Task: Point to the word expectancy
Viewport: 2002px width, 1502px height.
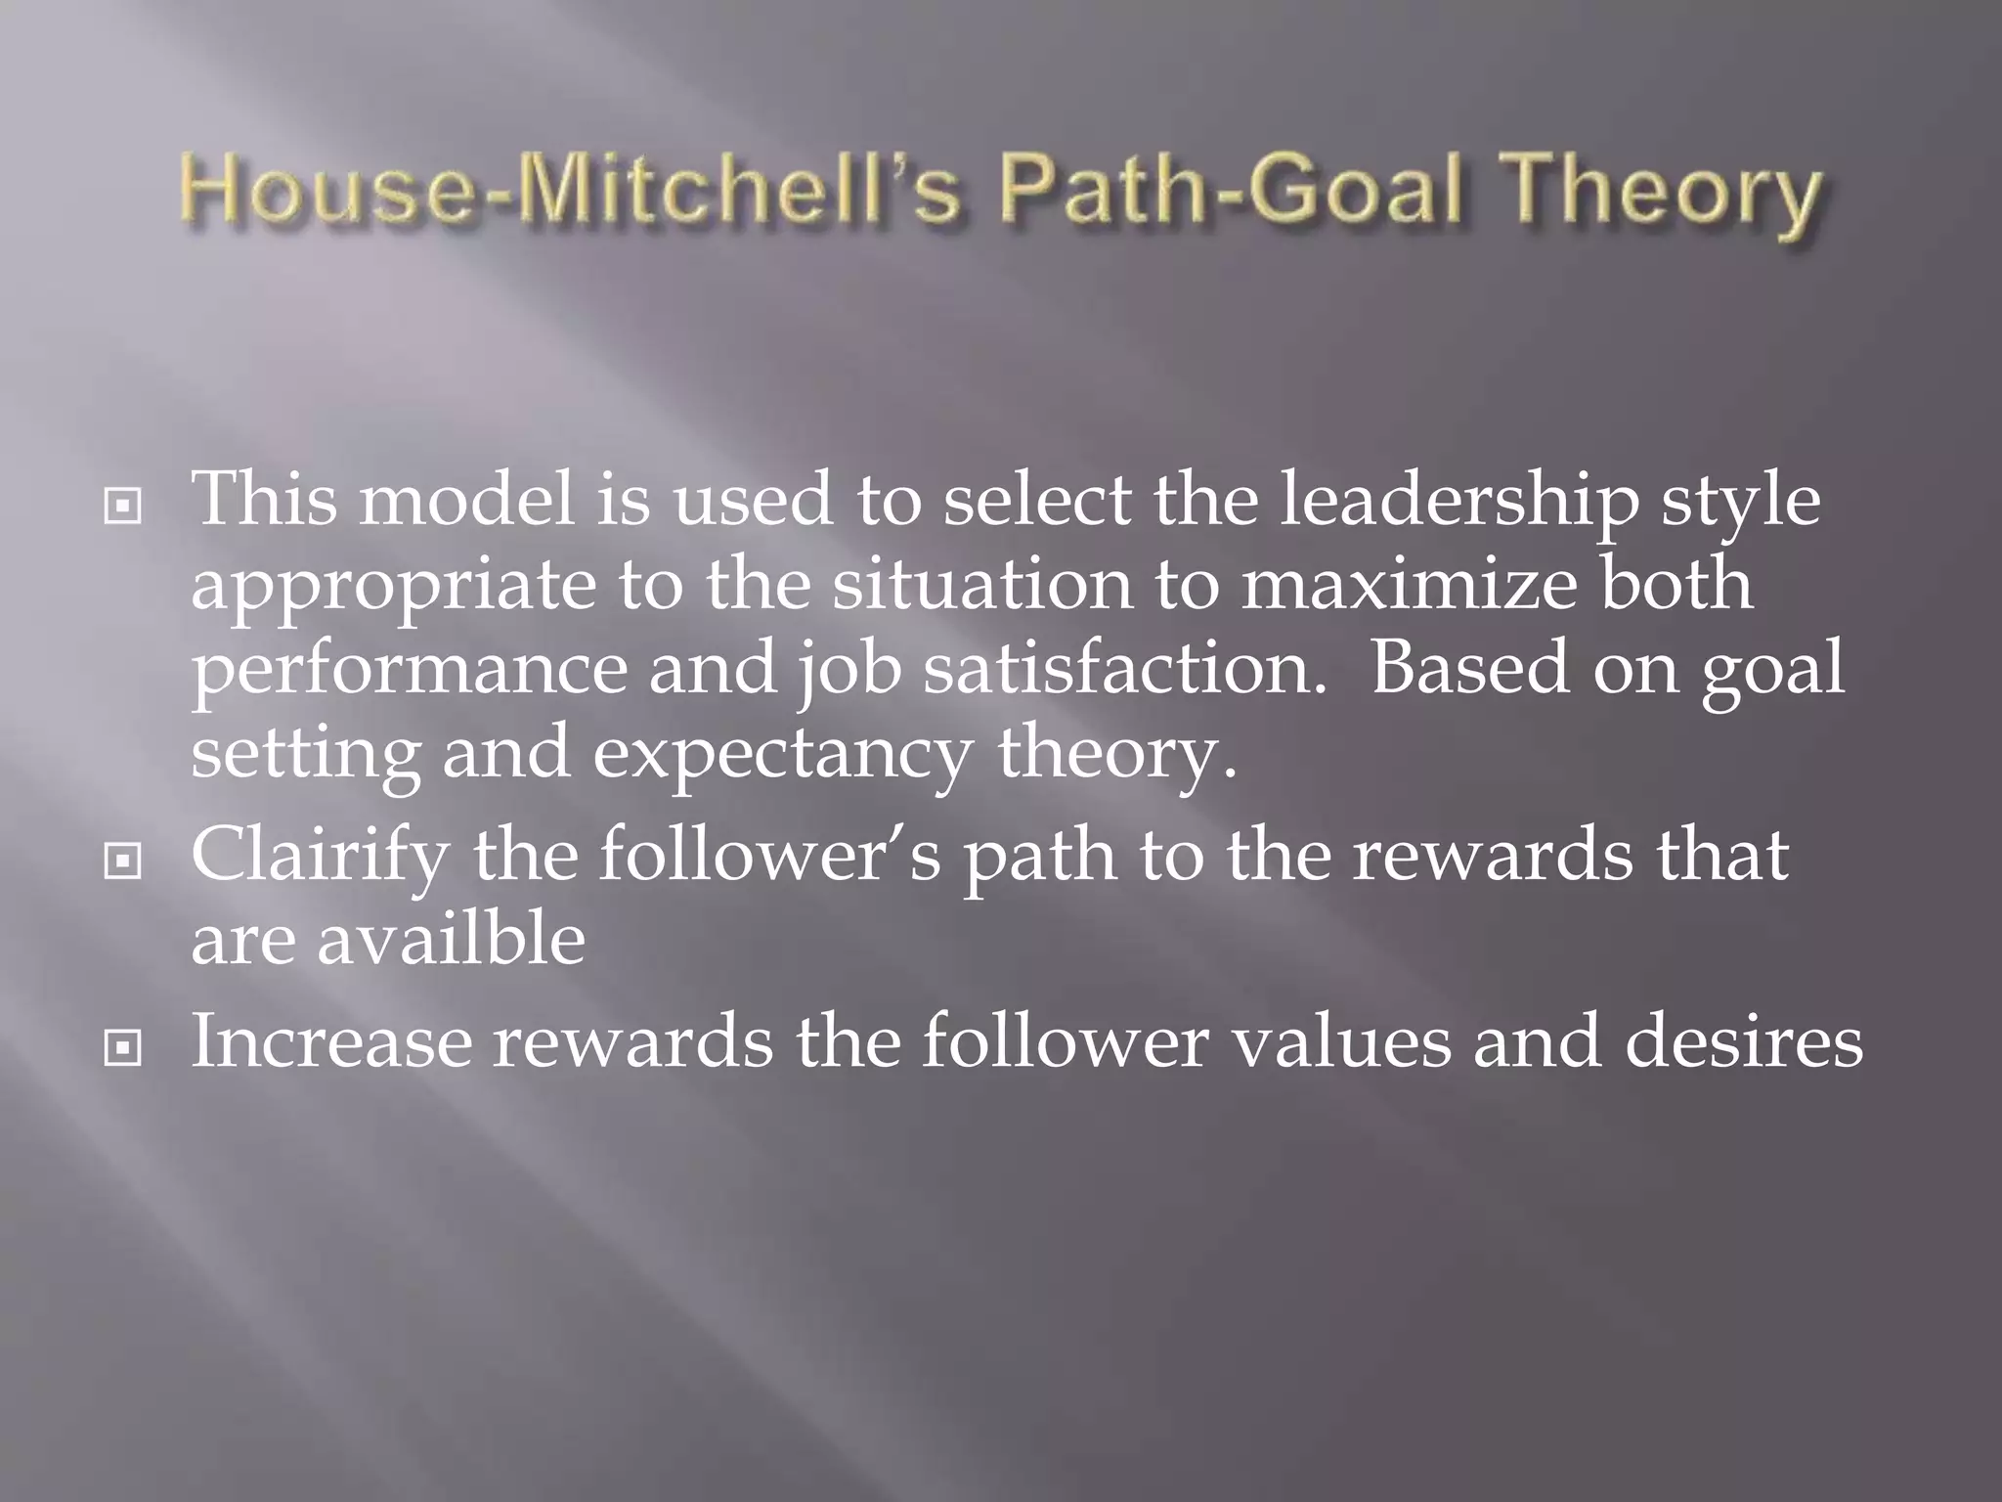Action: pyautogui.click(x=782, y=757)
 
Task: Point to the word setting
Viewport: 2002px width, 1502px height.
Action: pyautogui.click(x=305, y=757)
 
